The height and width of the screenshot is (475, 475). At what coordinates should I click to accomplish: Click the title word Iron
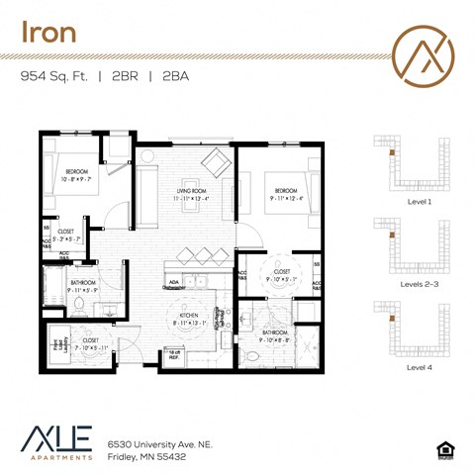click(49, 32)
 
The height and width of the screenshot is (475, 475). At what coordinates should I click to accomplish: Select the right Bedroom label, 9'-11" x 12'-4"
click(287, 192)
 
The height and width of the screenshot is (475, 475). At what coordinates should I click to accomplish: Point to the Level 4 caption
click(419, 365)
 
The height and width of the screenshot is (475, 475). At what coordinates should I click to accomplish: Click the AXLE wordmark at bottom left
click(56, 438)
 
